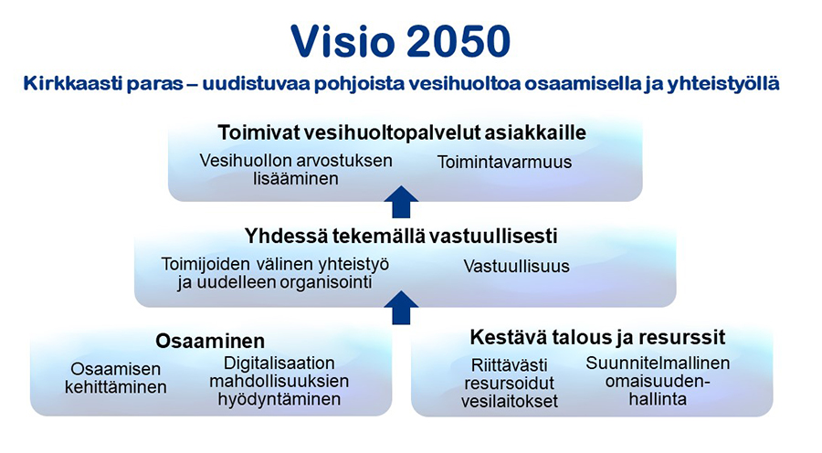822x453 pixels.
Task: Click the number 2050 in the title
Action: pos(458,41)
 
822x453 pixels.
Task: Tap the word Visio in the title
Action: pos(342,41)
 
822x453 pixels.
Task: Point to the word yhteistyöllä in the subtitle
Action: pos(723,84)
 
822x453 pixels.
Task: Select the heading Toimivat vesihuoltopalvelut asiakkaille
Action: pos(402,132)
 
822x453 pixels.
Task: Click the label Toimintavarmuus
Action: pos(504,162)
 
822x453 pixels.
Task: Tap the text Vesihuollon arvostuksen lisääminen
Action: pos(296,169)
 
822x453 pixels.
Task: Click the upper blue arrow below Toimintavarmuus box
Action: pos(401,202)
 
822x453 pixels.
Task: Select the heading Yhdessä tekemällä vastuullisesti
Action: pos(401,236)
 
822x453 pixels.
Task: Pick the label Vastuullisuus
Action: pos(516,267)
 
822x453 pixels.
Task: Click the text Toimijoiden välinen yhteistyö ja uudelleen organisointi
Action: pos(275,273)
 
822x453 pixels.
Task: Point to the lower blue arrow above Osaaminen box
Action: pos(401,307)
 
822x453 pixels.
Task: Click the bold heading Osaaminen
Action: pos(210,341)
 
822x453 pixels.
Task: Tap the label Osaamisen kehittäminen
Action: pos(116,378)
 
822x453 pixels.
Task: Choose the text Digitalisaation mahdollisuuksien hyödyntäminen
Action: pos(279,381)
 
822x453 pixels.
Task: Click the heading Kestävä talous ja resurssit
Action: pos(597,337)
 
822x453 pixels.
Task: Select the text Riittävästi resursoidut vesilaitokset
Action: pos(510,383)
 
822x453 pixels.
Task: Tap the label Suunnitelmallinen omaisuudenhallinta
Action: pos(658,381)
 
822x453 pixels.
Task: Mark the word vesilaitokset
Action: pos(510,402)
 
